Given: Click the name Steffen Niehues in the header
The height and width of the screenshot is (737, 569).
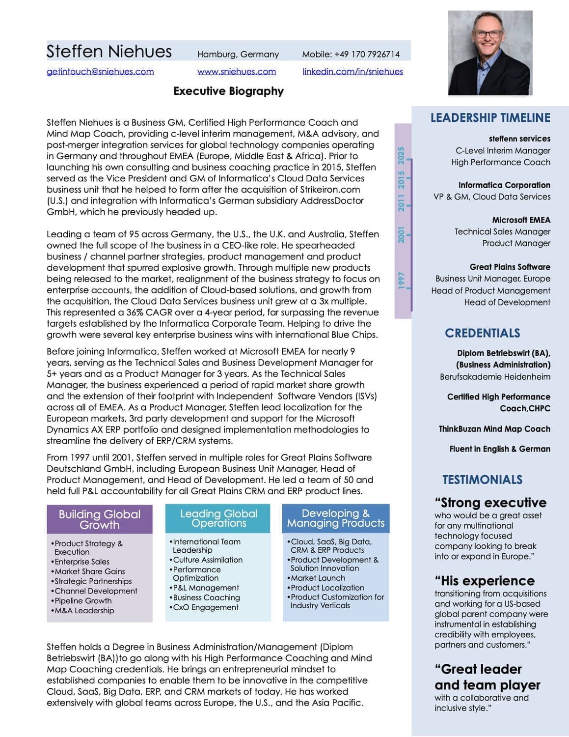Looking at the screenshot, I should click(109, 52).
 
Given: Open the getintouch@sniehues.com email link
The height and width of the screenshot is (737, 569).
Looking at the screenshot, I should click(100, 72).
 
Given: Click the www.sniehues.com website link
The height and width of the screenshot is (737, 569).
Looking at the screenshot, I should click(237, 72).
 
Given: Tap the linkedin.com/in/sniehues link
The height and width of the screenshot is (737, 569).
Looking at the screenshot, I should click(352, 72).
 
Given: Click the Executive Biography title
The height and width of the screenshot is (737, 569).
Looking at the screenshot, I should click(228, 91).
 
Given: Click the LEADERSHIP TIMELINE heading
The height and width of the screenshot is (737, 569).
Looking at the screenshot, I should click(490, 118).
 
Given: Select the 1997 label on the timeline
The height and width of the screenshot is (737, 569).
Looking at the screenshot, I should click(402, 280).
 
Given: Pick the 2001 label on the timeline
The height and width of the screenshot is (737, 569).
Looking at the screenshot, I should click(402, 234).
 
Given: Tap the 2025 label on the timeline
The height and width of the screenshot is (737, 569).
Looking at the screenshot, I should click(402, 155).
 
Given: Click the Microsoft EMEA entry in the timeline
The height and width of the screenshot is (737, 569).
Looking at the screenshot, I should click(521, 220).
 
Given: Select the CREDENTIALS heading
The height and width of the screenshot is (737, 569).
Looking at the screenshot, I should click(482, 333).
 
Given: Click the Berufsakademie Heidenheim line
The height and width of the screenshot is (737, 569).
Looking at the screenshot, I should click(495, 377).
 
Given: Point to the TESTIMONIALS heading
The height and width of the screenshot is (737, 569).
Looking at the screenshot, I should click(482, 480).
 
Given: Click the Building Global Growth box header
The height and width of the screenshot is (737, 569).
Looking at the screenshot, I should click(100, 519).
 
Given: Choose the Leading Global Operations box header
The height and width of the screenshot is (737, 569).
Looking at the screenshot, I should click(218, 518).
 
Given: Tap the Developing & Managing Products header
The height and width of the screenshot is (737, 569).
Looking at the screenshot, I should click(336, 518).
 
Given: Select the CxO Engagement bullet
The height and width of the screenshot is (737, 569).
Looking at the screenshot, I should click(205, 607).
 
